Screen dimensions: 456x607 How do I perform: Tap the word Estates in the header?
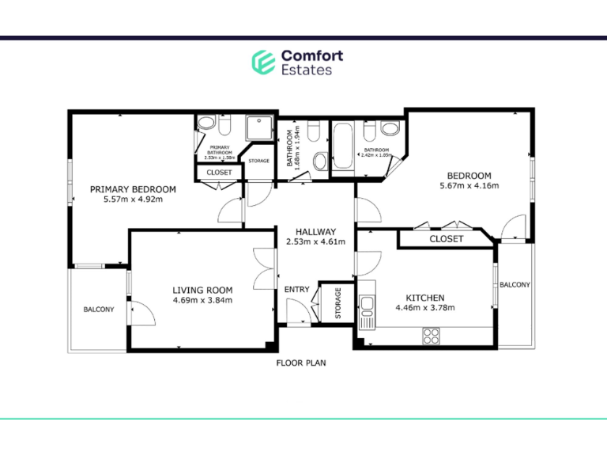307,70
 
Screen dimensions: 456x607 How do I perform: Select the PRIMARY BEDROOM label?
133,189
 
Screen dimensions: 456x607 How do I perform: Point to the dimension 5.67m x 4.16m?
469,186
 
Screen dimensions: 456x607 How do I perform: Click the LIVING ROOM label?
202,290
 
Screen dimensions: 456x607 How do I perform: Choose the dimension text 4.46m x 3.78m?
425,308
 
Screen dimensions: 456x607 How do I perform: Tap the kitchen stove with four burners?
431,336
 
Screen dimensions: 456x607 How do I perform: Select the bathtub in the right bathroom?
343,146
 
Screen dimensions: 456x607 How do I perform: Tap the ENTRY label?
296,290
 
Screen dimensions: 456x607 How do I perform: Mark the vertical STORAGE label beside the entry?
338,302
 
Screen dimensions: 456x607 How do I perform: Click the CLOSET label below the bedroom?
447,239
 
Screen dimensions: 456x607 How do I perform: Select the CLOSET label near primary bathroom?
219,173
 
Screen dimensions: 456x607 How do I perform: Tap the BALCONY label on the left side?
99,310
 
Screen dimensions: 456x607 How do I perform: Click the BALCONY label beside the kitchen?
515,285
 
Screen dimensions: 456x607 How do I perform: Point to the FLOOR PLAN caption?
300,363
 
